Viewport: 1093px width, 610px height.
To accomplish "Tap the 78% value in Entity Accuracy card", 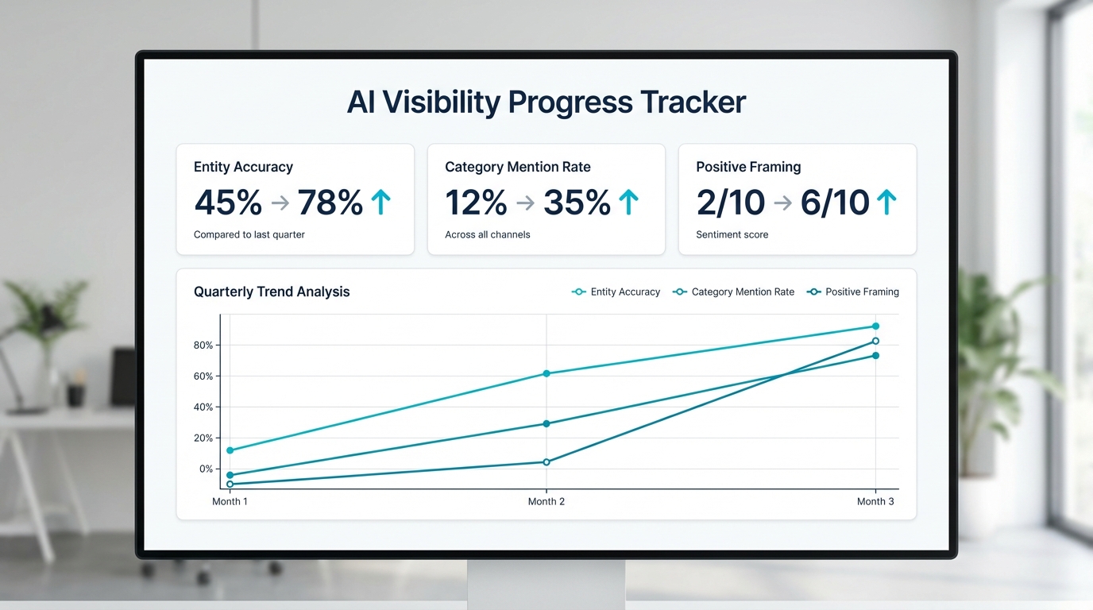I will click(x=330, y=203).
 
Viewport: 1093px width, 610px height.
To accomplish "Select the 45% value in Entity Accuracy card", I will click(x=228, y=203).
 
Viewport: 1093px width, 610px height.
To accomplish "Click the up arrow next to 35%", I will click(x=628, y=203).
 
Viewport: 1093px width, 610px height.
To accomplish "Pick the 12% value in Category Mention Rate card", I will click(x=476, y=203).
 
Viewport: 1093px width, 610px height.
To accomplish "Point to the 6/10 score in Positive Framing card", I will click(x=834, y=203).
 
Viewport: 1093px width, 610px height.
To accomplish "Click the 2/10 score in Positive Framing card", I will click(x=731, y=203).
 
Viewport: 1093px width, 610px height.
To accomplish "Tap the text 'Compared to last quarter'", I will click(x=249, y=235).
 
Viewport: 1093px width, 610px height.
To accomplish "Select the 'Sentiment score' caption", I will click(x=732, y=235).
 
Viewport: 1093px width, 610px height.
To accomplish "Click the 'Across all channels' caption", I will click(x=487, y=235).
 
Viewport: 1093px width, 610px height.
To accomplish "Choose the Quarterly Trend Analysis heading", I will click(x=272, y=291).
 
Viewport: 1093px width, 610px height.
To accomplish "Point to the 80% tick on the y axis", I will click(x=203, y=346).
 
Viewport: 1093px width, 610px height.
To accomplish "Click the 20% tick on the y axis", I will click(x=203, y=438).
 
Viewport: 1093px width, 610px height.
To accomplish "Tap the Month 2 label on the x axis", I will click(x=546, y=502).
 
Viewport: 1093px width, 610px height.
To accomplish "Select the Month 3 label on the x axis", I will click(x=875, y=502).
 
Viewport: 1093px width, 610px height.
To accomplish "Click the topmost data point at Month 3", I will click(x=875, y=326).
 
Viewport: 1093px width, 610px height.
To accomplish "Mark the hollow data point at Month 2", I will click(x=546, y=462).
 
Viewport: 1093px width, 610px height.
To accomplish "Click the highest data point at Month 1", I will click(x=230, y=450).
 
